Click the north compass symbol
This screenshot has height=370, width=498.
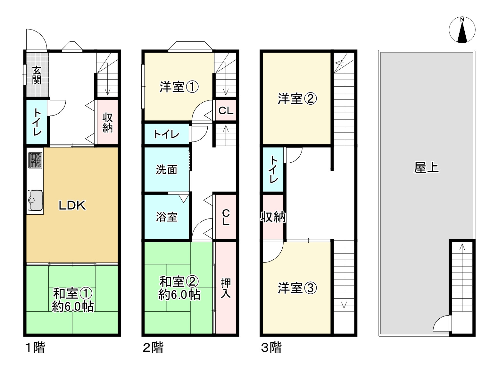coord(462,30)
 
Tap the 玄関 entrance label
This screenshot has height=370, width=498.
coord(37,75)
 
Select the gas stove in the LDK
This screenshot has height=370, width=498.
coord(35,160)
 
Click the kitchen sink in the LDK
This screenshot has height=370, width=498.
coord(35,200)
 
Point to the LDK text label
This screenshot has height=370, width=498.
coord(72,205)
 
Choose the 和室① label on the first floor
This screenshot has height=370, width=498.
coord(72,293)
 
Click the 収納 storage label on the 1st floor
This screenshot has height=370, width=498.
coord(107,123)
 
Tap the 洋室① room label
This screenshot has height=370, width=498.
coord(179,87)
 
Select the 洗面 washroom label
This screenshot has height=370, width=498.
coord(167,169)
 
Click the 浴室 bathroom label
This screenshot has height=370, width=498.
coord(167,217)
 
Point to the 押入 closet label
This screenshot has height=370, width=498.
coord(226,288)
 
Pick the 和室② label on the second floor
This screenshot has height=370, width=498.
coord(179,281)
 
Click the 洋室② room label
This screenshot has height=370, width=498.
coord(297,99)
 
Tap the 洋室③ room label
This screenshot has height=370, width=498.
coord(297,288)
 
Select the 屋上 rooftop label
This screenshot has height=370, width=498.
coord(426,167)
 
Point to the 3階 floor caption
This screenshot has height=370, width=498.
coord(271,348)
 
